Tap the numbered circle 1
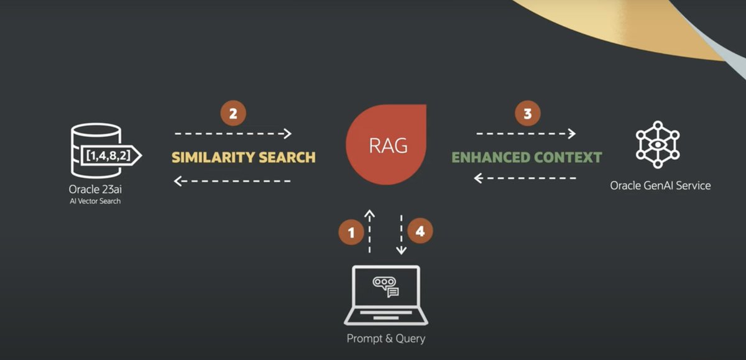pyautogui.click(x=351, y=233)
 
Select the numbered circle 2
pyautogui.click(x=233, y=114)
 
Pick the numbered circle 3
pyautogui.click(x=528, y=114)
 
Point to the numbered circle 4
pyautogui.click(x=420, y=231)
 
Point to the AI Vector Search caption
pyautogui.click(x=95, y=201)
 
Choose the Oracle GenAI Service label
pyautogui.click(x=660, y=185)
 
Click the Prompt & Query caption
pyautogui.click(x=386, y=339)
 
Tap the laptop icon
pyautogui.click(x=386, y=295)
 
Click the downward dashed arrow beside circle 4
pyautogui.click(x=402, y=235)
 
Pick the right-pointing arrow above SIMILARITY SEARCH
pyautogui.click(x=233, y=133)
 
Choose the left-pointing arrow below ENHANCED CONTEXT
pyautogui.click(x=525, y=178)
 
